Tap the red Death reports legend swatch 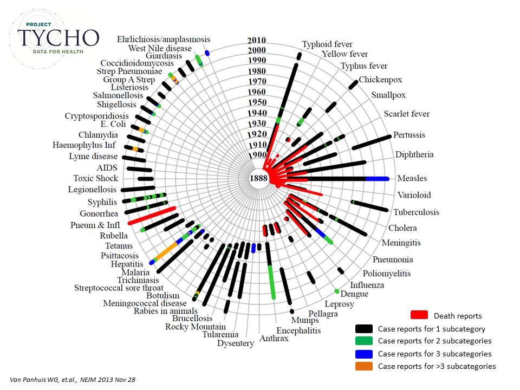[420, 315]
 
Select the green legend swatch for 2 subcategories [363, 341]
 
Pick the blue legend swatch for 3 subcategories [363, 354]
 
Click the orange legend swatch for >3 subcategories [363, 366]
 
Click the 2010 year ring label [256, 40]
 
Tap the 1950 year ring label [257, 102]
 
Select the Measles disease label [412, 178]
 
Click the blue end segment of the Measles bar [378, 179]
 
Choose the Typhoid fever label [327, 44]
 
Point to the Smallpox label [388, 95]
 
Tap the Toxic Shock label [96, 178]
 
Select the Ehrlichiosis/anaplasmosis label [164, 39]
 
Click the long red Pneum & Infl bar [152, 215]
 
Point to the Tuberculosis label [416, 212]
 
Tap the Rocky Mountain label [196, 326]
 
